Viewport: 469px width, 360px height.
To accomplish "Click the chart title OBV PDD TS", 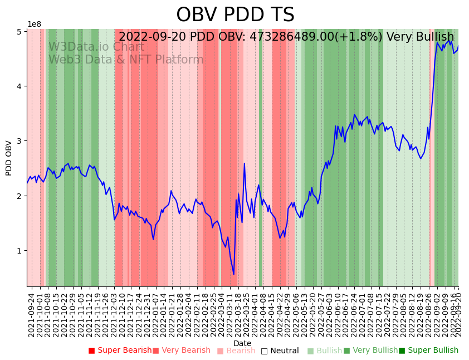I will pyautogui.click(x=235, y=15).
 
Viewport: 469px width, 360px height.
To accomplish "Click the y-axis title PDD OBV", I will pyautogui.click(x=9, y=158).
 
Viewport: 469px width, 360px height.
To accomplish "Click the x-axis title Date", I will pyautogui.click(x=242, y=343).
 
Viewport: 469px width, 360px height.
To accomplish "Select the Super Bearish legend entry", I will pyautogui.click(x=120, y=351).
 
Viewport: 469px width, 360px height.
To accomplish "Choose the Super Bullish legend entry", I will pyautogui.click(x=428, y=351).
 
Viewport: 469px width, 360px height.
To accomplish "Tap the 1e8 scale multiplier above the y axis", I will pyautogui.click(x=34, y=24).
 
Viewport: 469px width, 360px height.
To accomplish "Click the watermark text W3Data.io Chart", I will pyautogui.click(x=96, y=47).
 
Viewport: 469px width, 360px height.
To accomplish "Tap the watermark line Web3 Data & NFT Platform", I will pyautogui.click(x=126, y=60).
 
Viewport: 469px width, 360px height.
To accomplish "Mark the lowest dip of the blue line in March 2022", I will pyautogui.click(x=234, y=274).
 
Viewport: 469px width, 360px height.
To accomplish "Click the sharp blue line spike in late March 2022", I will pyautogui.click(x=244, y=164).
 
